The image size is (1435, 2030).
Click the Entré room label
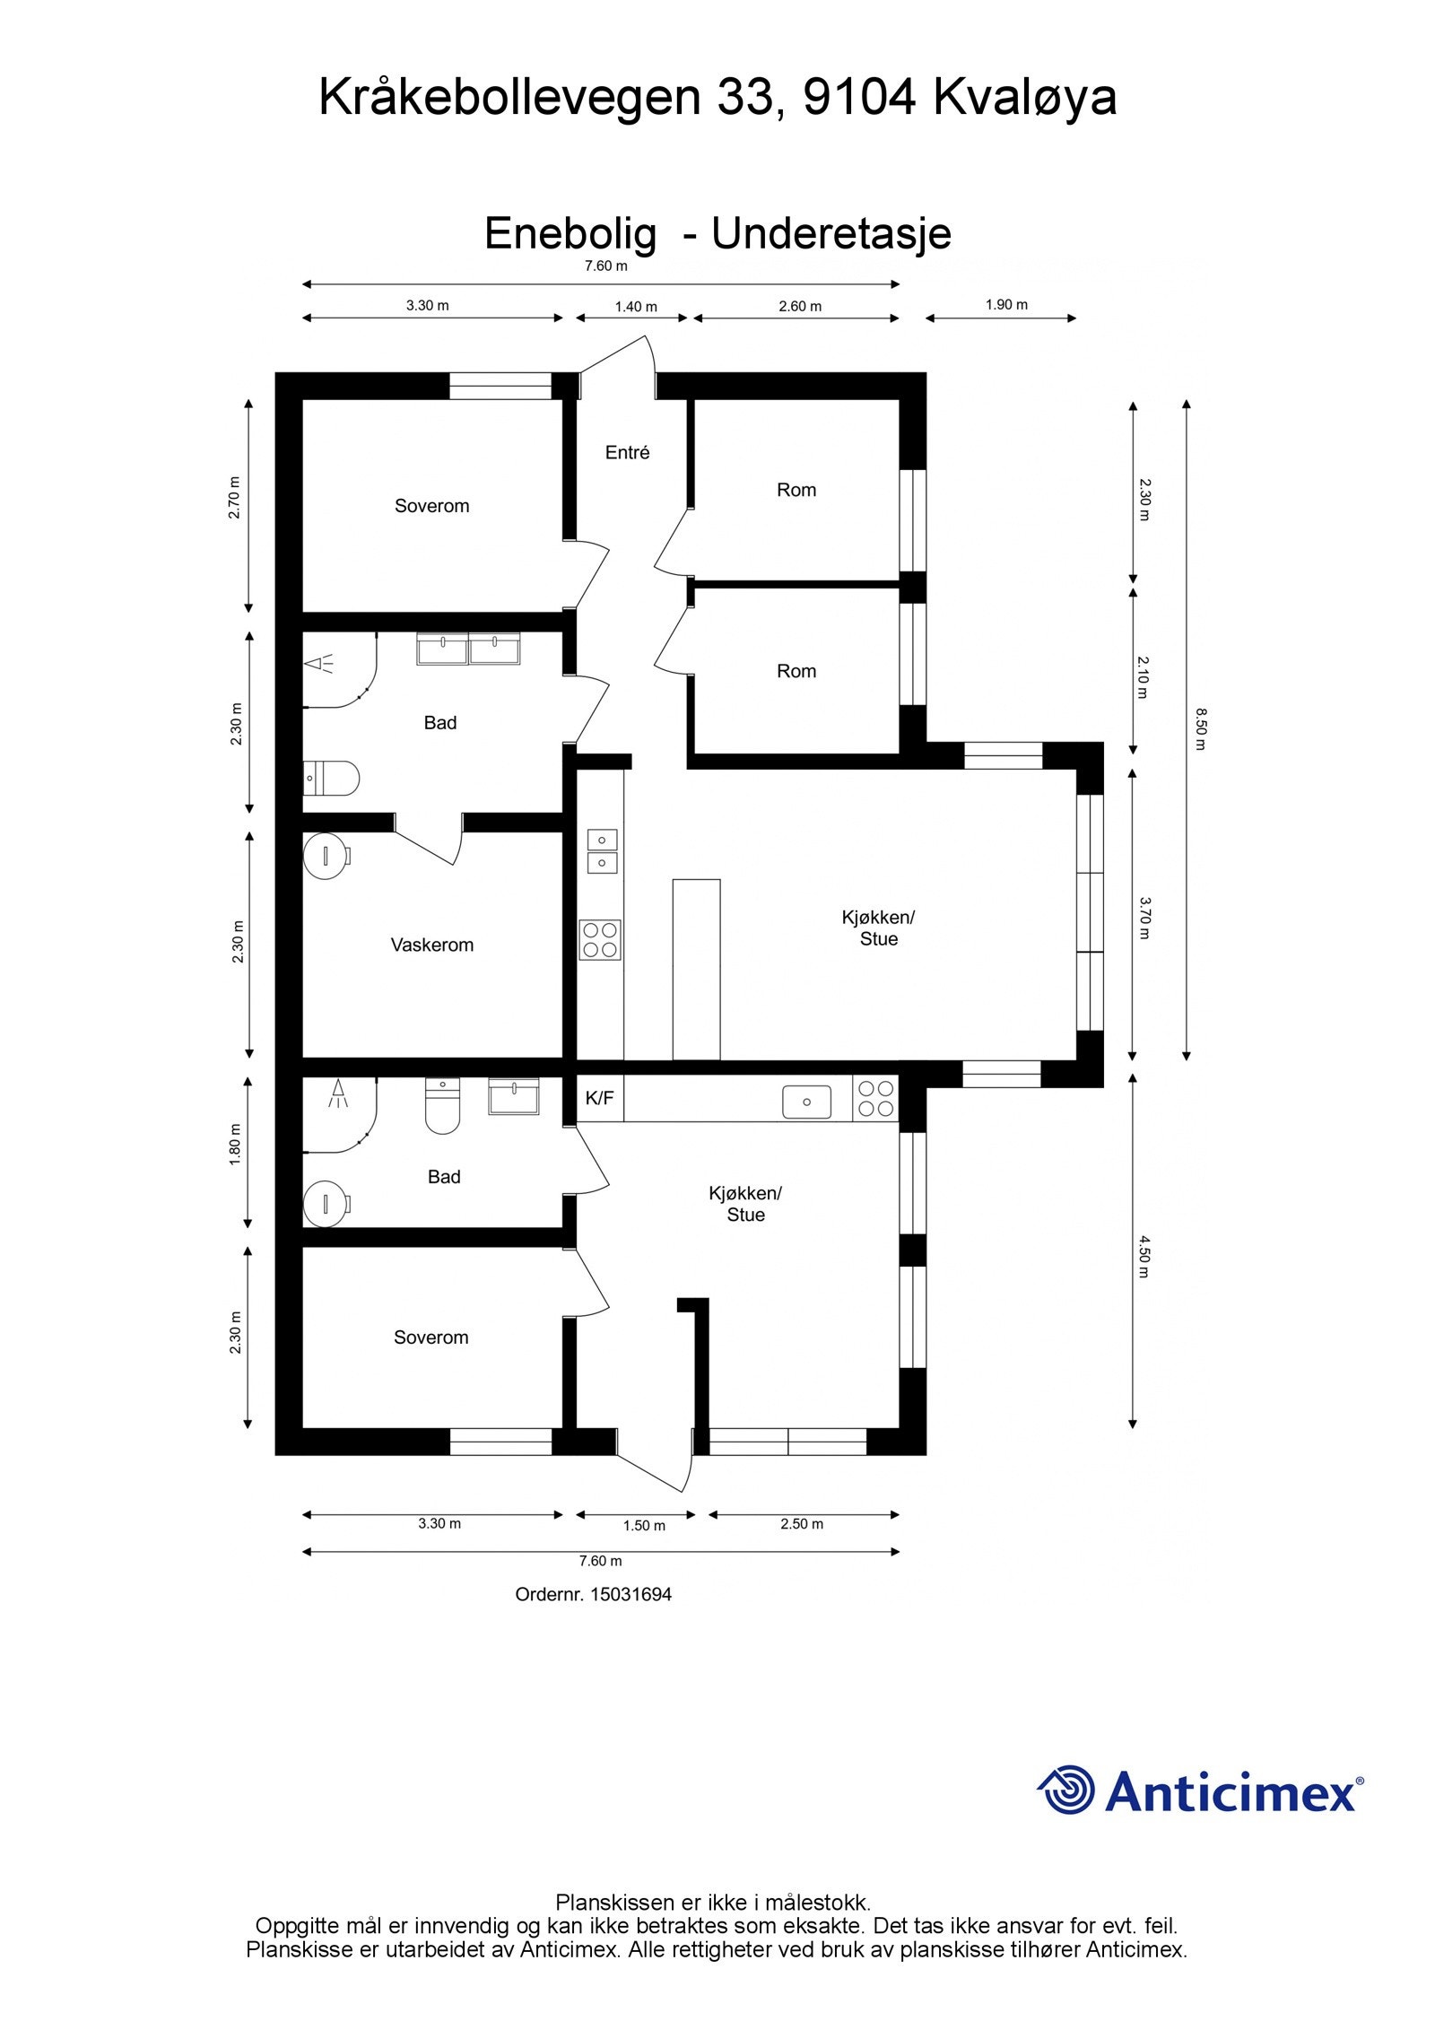[x=626, y=452]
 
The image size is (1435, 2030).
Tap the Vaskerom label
[x=431, y=945]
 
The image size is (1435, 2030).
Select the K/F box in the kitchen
[x=599, y=1098]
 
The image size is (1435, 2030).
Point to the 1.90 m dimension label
[x=1005, y=305]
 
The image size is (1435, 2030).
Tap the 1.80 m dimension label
[x=235, y=1145]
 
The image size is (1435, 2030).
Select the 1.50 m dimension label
[x=644, y=1526]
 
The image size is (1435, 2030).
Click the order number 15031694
[x=630, y=1594]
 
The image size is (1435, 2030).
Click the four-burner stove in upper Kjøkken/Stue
[x=599, y=940]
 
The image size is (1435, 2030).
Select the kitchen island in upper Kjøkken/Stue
[x=696, y=969]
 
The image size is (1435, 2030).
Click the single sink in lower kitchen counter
[x=805, y=1102]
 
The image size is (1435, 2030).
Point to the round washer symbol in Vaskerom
[x=325, y=857]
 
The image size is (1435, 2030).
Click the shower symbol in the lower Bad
[x=338, y=1092]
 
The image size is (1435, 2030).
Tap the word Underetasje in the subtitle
[x=831, y=234]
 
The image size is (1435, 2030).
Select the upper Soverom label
[x=431, y=506]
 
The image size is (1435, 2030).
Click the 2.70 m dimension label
[x=235, y=497]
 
